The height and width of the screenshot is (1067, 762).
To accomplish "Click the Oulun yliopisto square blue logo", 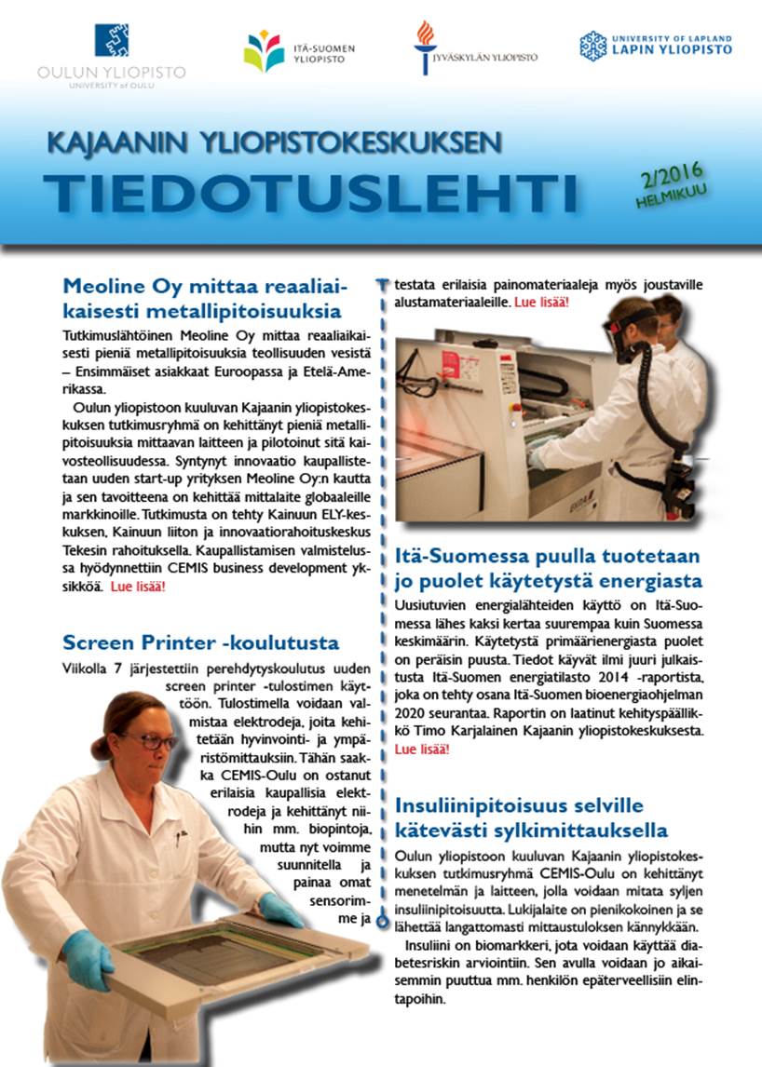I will (x=112, y=40).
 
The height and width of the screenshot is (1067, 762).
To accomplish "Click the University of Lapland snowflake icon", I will (x=592, y=45).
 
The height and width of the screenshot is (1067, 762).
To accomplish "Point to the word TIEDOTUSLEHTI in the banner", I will (x=311, y=191).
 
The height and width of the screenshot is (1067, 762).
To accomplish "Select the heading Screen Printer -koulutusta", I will (x=200, y=642).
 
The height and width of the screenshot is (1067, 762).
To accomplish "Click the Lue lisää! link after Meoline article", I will (x=137, y=588).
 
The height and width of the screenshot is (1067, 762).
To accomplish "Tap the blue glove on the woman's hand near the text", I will (x=280, y=909).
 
